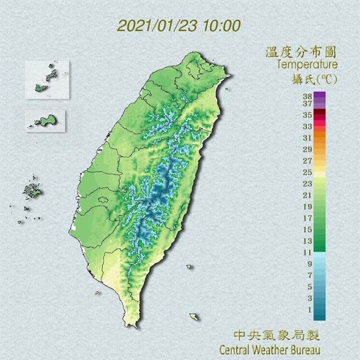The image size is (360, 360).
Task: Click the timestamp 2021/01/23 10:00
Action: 178,26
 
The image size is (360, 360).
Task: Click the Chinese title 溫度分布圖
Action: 300,53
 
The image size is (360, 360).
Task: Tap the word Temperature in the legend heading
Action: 306,65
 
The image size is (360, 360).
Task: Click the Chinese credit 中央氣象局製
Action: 276,335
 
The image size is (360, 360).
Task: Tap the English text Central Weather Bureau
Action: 269,349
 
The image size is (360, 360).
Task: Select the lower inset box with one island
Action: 45,120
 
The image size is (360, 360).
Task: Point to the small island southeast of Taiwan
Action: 194,317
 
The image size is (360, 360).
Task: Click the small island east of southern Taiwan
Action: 189,268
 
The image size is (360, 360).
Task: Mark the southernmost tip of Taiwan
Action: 132,325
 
